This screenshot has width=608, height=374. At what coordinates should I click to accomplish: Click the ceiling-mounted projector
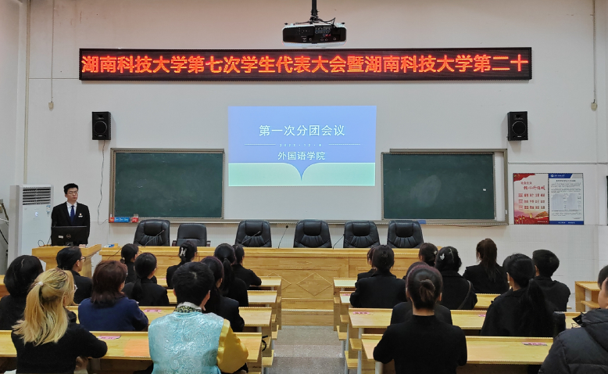(314, 33)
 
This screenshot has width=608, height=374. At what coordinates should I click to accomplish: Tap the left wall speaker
(101, 126)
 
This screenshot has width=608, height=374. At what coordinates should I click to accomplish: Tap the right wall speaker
(517, 126)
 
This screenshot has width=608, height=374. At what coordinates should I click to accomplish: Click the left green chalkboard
(168, 184)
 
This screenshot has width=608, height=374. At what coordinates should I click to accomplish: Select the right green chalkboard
(438, 185)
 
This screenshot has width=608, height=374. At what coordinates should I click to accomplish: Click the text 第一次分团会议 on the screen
(302, 131)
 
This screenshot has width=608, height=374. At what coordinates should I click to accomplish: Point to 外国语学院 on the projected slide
(302, 155)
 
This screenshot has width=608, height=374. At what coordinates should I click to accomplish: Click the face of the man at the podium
(71, 192)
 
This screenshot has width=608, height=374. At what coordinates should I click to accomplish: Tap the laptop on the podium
(70, 236)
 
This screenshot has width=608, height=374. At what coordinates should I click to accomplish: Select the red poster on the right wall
(530, 199)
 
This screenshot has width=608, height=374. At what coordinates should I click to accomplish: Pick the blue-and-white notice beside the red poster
(566, 199)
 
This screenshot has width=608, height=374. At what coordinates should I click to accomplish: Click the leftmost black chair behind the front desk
(152, 233)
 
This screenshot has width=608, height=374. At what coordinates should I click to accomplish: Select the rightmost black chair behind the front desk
(405, 234)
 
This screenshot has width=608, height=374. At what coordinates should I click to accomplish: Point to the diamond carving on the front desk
(315, 283)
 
